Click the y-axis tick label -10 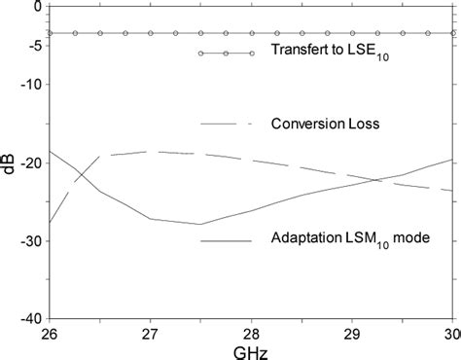pos(30,84)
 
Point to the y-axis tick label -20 pos(30,162)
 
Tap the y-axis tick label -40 pos(30,318)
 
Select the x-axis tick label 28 pos(251,333)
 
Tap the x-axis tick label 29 pos(352,333)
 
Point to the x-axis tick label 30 pos(449,333)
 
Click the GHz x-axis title pos(251,349)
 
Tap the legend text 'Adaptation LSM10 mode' pos(336,237)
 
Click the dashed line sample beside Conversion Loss pos(226,124)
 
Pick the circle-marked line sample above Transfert pos(226,53)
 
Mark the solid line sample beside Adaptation pos(226,237)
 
